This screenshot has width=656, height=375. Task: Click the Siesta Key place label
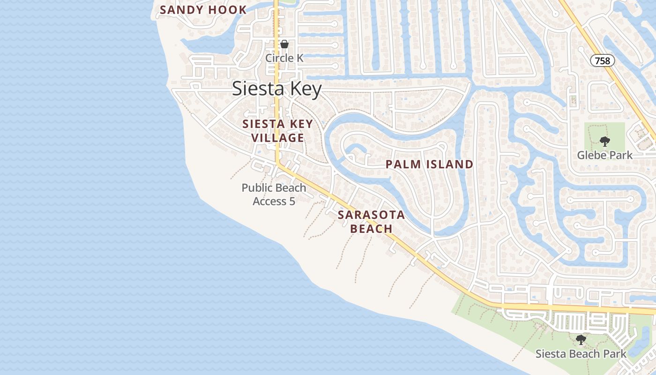pyautogui.click(x=277, y=89)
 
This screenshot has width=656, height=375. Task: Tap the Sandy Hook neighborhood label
pyautogui.click(x=203, y=10)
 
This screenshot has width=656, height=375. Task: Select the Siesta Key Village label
pyautogui.click(x=277, y=131)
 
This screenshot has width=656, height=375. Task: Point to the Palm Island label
pyautogui.click(x=429, y=164)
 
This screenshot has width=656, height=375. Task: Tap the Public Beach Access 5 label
pyautogui.click(x=274, y=195)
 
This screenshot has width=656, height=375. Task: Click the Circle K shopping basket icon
pyautogui.click(x=284, y=45)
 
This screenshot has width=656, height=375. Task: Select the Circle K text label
pyautogui.click(x=284, y=58)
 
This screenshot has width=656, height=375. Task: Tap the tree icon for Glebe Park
pyautogui.click(x=605, y=141)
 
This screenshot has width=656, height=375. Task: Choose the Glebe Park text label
pyautogui.click(x=604, y=155)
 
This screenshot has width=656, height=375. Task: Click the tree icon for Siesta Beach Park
pyautogui.click(x=581, y=339)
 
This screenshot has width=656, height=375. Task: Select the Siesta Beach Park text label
pyautogui.click(x=581, y=353)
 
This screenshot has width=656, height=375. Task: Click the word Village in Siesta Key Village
pyautogui.click(x=278, y=138)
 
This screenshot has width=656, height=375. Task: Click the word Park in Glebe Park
pyautogui.click(x=619, y=155)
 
